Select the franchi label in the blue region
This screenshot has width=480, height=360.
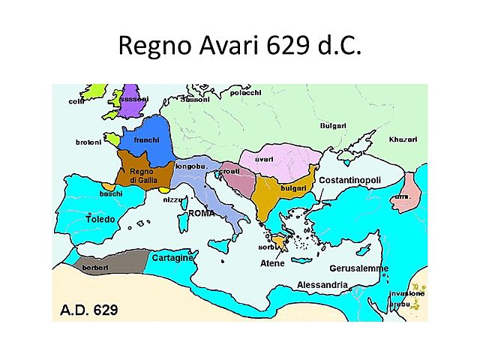coord(147,140)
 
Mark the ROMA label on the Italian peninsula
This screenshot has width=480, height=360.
coord(202,213)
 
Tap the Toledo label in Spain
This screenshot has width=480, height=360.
coord(100,220)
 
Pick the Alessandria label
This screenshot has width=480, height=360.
coord(322,285)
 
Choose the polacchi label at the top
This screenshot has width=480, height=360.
coord(244,92)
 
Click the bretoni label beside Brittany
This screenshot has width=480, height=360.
coord(88,142)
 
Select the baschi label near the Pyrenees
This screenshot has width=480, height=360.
coord(110,193)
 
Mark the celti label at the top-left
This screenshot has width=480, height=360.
coord(76,100)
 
